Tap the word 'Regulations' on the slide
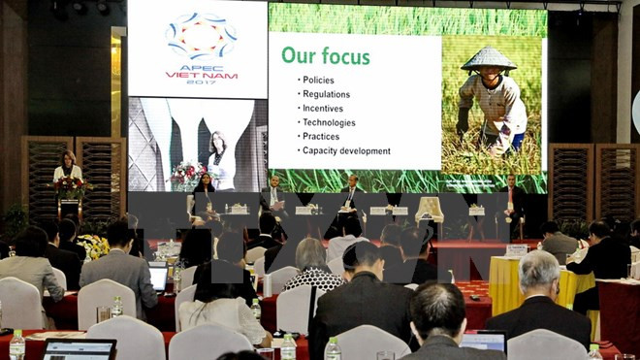pos(327,94)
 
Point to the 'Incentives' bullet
pos(324,109)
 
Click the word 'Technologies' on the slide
pos(329,122)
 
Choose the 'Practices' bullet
pos(321,137)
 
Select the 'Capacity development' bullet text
pos(346,151)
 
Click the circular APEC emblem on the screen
pos(201,36)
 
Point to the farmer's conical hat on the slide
pos(489,59)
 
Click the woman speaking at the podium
pos(68,167)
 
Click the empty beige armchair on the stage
pos(430,208)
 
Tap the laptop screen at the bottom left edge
pos(80,349)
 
